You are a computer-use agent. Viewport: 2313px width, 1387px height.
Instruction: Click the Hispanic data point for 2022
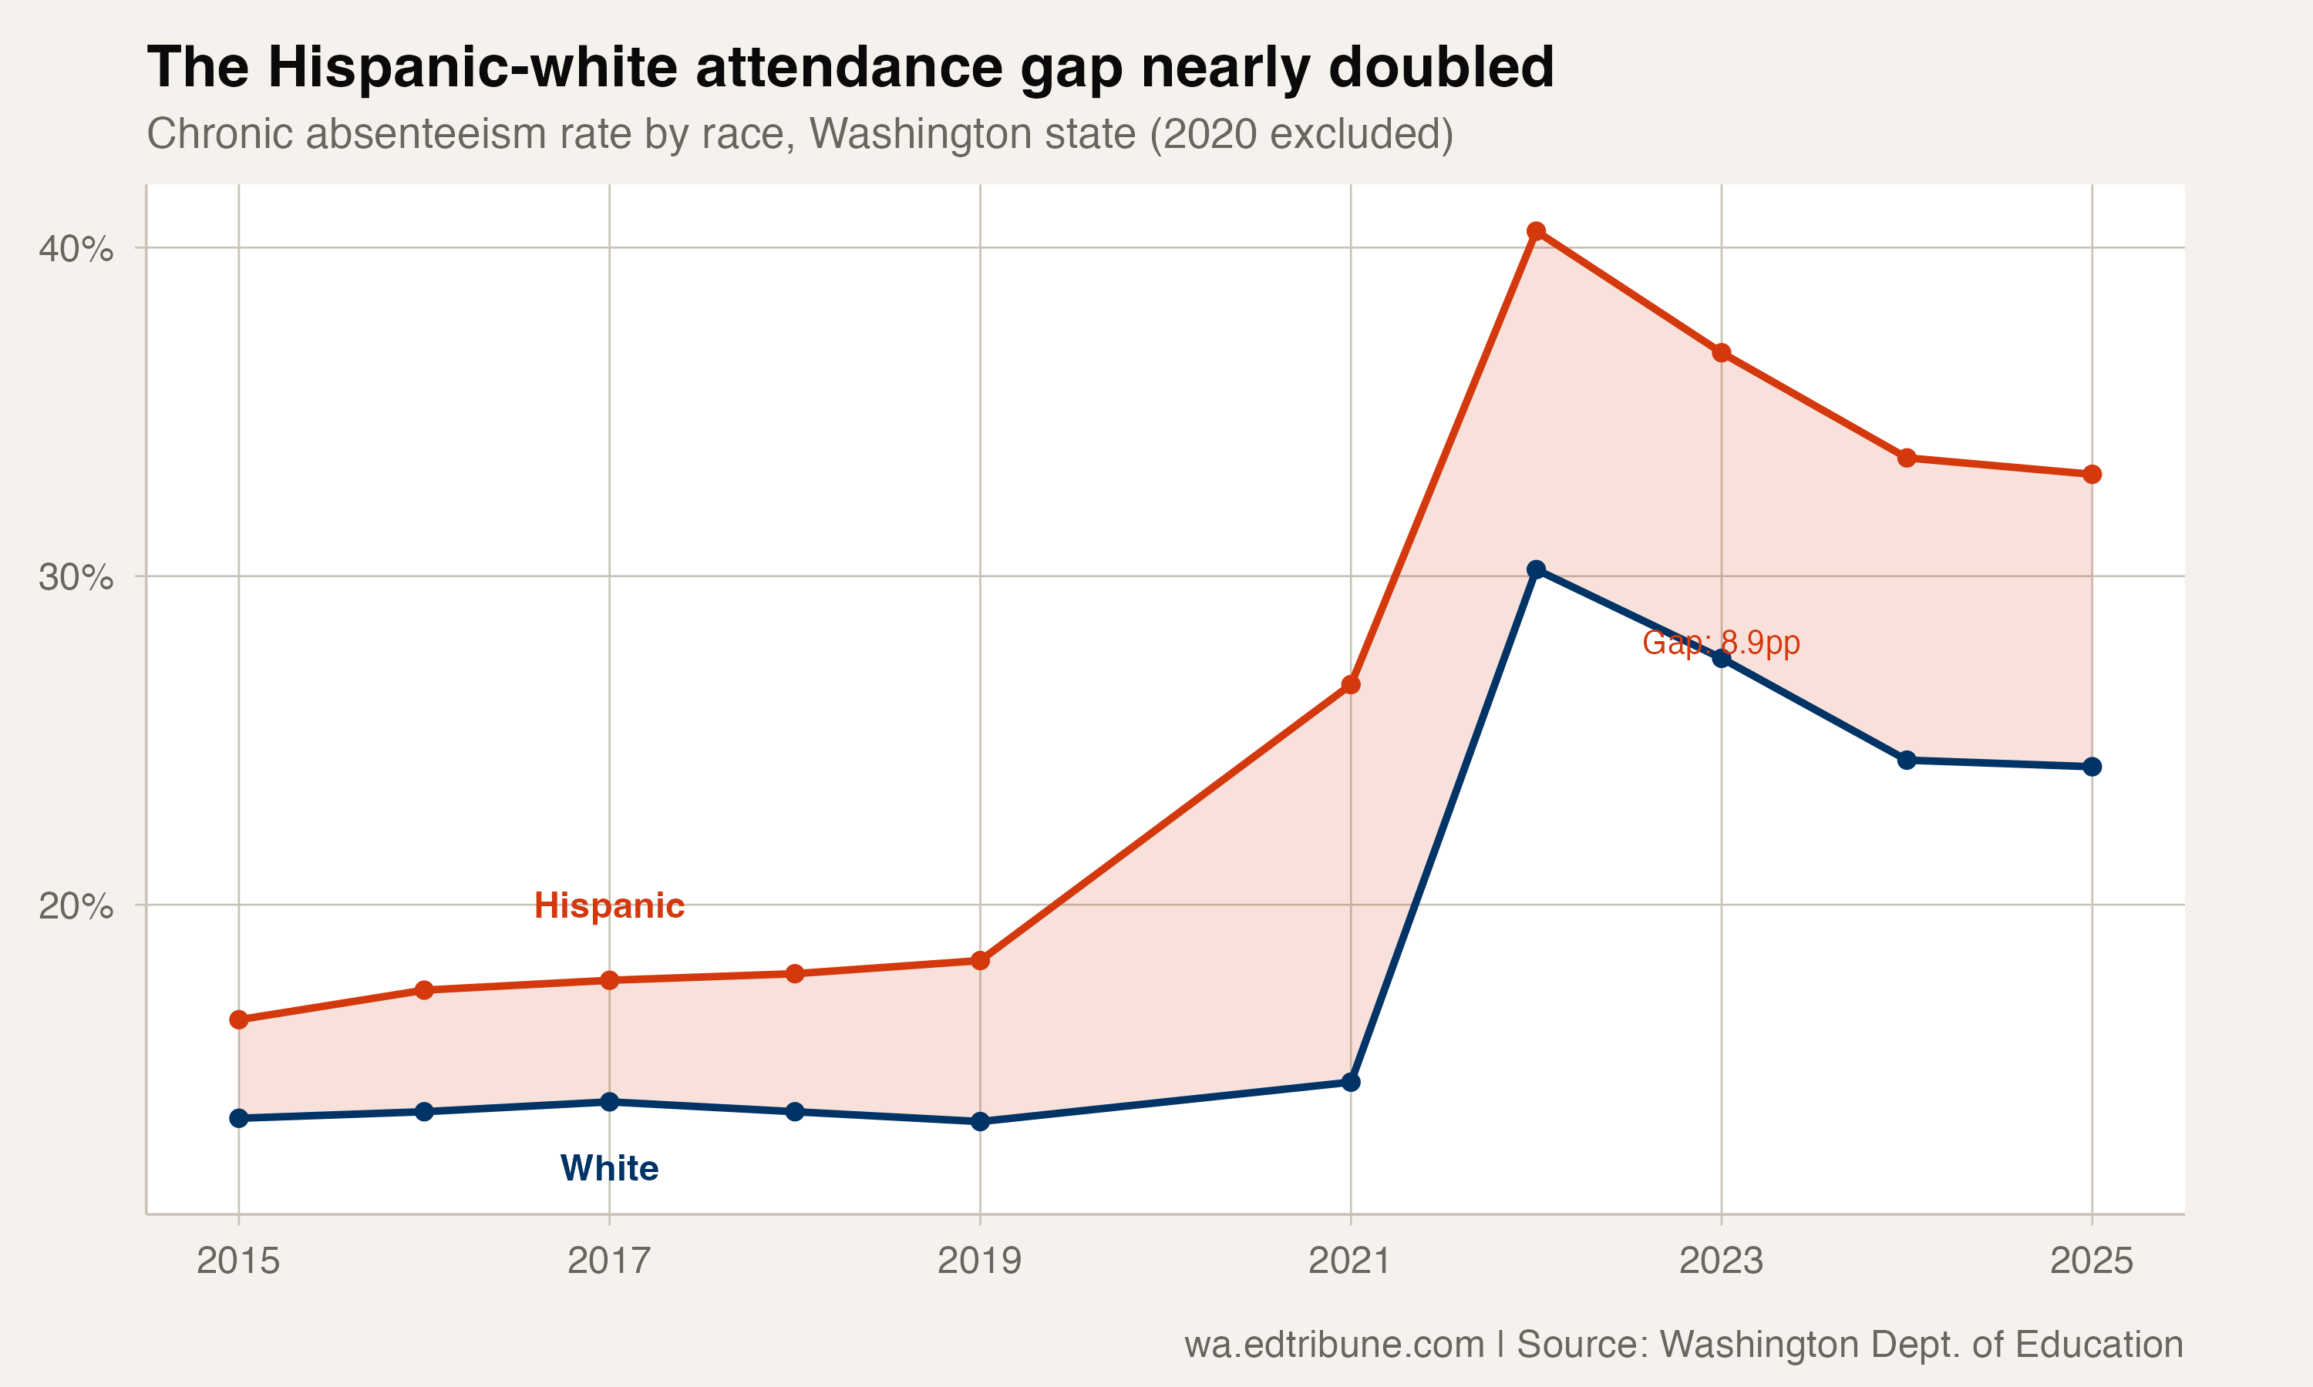tap(1536, 231)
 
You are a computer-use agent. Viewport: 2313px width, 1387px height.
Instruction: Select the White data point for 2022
tap(1536, 569)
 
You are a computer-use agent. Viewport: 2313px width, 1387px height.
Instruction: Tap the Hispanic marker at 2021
tap(1351, 685)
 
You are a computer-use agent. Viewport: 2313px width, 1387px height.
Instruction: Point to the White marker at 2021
tap(1351, 1083)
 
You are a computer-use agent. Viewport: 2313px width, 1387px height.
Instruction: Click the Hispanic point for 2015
tap(239, 1019)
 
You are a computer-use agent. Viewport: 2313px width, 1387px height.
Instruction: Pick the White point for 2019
tap(980, 1122)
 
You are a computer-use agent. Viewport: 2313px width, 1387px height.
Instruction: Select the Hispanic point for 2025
tap(2092, 475)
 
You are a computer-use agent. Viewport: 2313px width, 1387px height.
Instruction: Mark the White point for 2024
tap(1907, 761)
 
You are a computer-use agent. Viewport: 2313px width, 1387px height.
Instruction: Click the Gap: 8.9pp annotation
tap(1720, 643)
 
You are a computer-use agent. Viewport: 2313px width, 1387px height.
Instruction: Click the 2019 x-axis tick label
tap(980, 1261)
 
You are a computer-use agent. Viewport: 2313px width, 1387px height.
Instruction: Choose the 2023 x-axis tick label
tap(1720, 1261)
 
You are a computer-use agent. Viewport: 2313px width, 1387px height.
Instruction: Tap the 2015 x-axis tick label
tap(238, 1261)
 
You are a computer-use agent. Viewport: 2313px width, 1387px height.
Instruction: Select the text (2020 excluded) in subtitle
tap(1301, 133)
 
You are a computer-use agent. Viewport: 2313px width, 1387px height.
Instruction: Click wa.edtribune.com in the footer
tap(1334, 1344)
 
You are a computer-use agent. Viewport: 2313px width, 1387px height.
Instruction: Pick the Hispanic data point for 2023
tap(1721, 353)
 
